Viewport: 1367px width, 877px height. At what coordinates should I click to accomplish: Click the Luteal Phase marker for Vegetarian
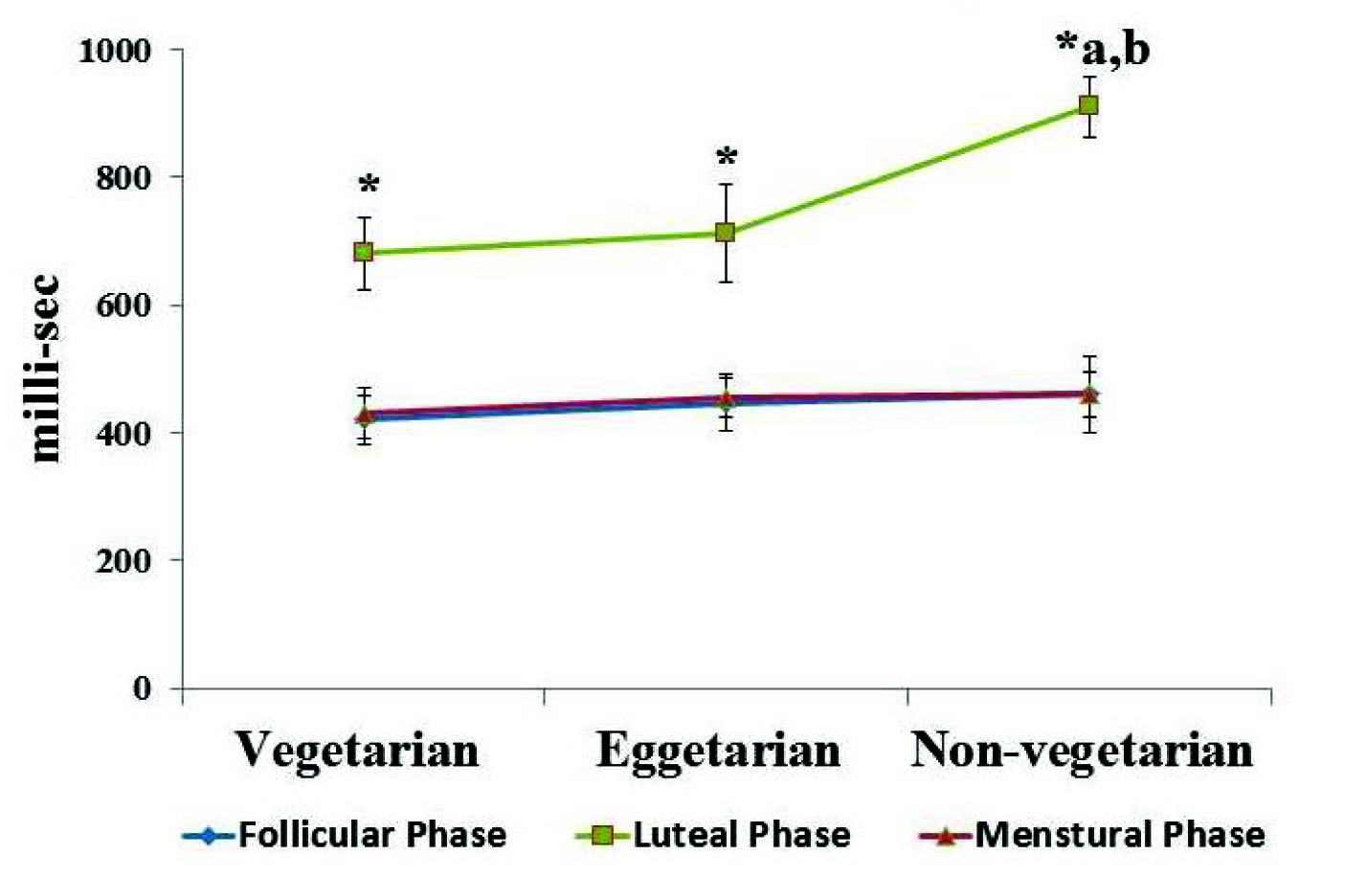pos(364,252)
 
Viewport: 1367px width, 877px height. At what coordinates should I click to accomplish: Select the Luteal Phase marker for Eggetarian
pos(726,233)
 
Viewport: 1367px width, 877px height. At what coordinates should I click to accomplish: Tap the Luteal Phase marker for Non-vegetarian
pos(1088,104)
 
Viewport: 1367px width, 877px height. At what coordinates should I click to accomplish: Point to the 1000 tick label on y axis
pos(114,50)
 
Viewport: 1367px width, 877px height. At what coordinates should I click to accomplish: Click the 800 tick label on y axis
pos(123,177)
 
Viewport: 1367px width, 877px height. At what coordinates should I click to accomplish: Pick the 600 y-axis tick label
pos(123,305)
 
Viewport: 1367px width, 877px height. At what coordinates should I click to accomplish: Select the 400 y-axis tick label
pos(123,433)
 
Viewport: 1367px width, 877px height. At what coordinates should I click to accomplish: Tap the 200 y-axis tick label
pos(123,561)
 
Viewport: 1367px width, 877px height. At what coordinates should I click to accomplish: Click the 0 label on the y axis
pos(142,688)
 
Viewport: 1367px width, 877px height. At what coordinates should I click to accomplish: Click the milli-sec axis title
pos(44,369)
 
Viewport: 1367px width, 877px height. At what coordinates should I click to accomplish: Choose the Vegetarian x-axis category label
pos(357,750)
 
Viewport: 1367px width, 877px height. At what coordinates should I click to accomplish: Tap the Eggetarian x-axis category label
pos(718,750)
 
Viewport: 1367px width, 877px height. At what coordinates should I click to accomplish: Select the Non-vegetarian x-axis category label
pos(1082,750)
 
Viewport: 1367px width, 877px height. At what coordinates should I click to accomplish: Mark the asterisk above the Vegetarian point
pos(369,184)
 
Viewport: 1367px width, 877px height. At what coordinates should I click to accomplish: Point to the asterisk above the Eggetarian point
pos(727,157)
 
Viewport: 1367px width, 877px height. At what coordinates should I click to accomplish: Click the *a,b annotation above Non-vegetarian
pos(1103,48)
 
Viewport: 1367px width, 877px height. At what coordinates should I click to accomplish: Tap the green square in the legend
pos(602,836)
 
